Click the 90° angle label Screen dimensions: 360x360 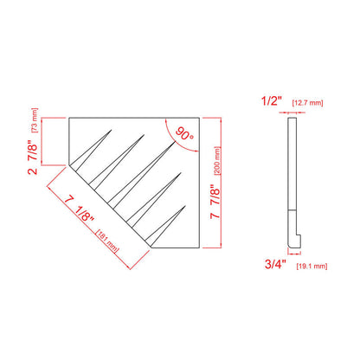pyautogui.click(x=183, y=136)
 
